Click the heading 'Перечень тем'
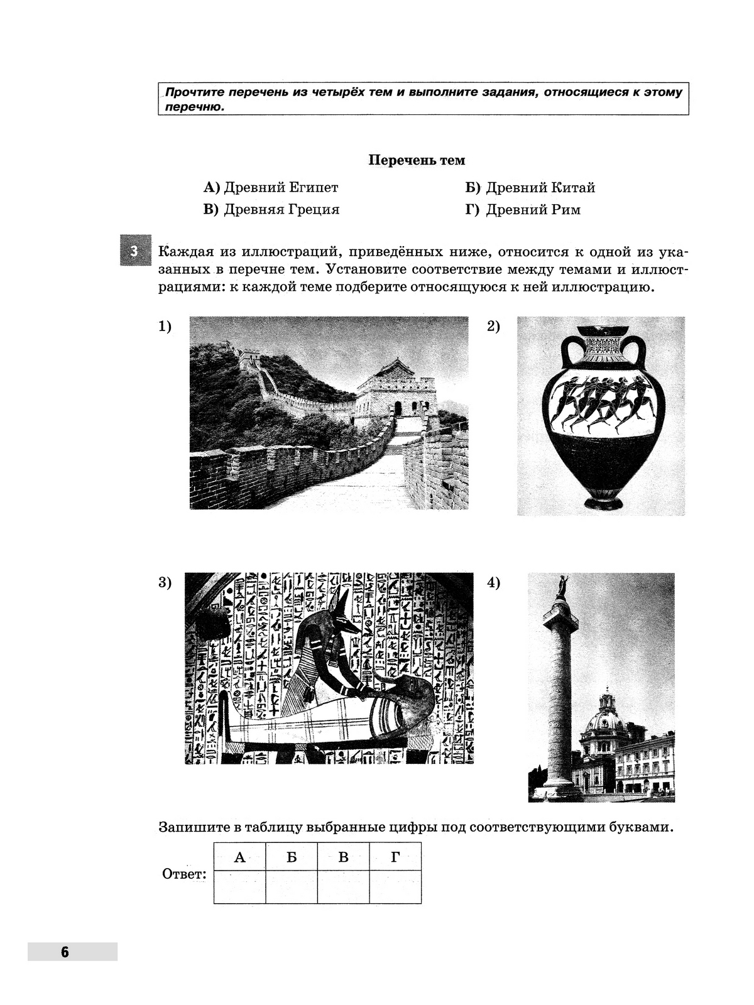417,160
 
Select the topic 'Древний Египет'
271,187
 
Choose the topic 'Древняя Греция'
271,209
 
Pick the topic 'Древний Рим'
523,209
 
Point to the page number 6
65,952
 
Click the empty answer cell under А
239,886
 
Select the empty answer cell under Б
292,886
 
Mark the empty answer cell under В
344,886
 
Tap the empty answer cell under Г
395,886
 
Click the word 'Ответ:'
184,874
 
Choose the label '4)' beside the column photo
494,583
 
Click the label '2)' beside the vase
494,327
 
